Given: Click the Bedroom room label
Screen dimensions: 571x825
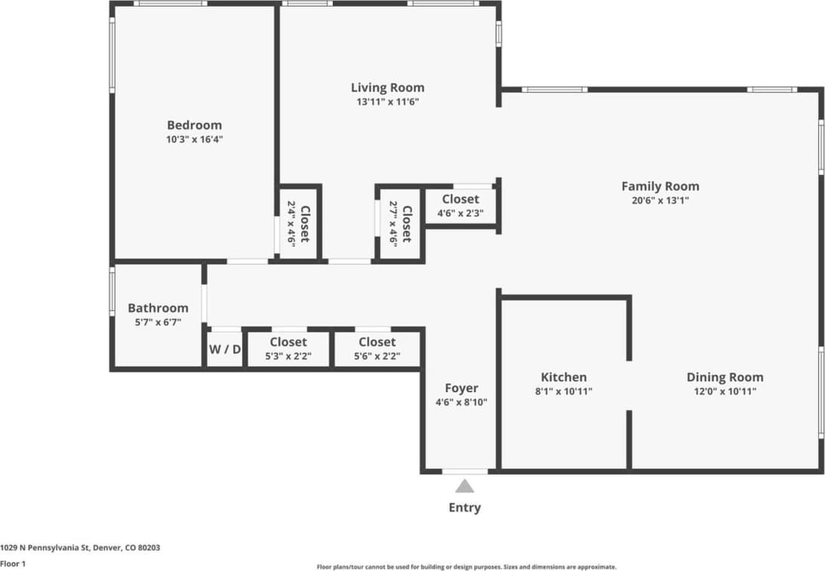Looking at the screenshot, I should (x=194, y=125).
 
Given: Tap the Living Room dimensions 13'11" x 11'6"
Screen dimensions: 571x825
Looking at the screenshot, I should (x=387, y=102).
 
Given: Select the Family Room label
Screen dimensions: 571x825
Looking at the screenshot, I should (x=660, y=186).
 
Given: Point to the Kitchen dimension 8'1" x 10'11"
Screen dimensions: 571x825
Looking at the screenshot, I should (x=563, y=391).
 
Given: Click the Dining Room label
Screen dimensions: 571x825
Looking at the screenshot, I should (x=724, y=377).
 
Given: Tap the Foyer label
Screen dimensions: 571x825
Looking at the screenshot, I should (x=461, y=388).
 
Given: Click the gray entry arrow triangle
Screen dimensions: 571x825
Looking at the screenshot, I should (x=464, y=486).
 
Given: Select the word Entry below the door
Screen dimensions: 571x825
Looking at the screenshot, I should (x=464, y=508).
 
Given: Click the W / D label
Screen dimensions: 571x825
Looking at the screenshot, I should (x=224, y=350).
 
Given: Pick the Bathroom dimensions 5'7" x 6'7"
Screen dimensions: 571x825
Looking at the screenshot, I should (x=157, y=322).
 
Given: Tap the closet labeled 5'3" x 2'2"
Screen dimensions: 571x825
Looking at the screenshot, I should (x=288, y=349).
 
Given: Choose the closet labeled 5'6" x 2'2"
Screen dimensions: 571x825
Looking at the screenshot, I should (x=377, y=349).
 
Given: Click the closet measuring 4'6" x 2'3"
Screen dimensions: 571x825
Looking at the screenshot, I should (x=460, y=206).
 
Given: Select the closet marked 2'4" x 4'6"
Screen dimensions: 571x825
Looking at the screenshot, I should (x=298, y=224).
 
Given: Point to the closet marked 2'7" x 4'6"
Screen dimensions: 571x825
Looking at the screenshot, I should (x=399, y=224).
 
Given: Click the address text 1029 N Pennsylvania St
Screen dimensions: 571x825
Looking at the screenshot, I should (x=79, y=548).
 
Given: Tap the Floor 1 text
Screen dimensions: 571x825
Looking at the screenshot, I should (x=14, y=563).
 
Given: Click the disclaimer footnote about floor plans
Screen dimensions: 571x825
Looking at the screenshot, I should (x=466, y=566).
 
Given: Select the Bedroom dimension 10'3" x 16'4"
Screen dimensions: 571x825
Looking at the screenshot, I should (x=194, y=140).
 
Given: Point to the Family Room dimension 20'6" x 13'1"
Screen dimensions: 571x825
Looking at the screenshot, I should (x=660, y=201).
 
